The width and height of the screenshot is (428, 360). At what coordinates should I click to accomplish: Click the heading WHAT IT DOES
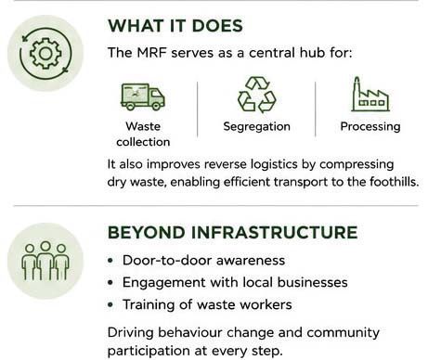click(x=175, y=26)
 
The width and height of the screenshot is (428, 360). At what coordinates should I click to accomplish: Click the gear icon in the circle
click(x=45, y=53)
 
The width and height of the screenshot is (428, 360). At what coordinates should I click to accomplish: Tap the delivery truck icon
click(x=143, y=96)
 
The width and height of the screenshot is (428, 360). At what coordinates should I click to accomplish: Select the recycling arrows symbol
click(x=256, y=95)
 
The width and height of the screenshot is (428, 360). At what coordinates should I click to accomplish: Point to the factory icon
click(x=370, y=94)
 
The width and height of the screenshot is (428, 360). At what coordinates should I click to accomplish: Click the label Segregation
click(x=256, y=126)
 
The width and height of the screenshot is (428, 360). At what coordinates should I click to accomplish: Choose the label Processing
click(x=370, y=126)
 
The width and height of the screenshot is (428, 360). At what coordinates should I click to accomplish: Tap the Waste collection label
click(x=143, y=134)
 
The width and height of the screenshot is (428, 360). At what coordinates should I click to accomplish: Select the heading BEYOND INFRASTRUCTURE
click(x=232, y=233)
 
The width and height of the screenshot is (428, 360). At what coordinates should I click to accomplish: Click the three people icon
click(x=45, y=261)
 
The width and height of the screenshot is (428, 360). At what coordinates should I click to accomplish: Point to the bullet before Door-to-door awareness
click(x=110, y=261)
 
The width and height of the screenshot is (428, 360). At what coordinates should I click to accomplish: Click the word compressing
click(x=357, y=164)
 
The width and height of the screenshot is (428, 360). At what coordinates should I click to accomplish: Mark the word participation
click(x=149, y=351)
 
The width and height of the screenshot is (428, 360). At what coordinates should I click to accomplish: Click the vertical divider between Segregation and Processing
click(x=315, y=109)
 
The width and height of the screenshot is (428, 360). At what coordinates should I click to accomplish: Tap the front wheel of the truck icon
click(x=156, y=107)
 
